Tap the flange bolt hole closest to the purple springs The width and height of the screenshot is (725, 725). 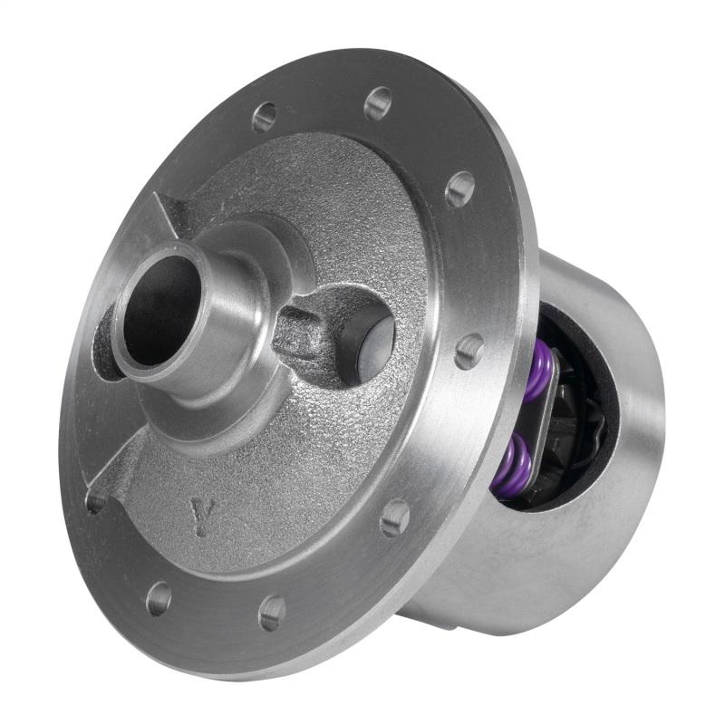pos(469,351)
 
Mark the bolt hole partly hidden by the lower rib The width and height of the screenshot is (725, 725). pos(95,500)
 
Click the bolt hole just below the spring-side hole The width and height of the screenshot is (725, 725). pos(395,517)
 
